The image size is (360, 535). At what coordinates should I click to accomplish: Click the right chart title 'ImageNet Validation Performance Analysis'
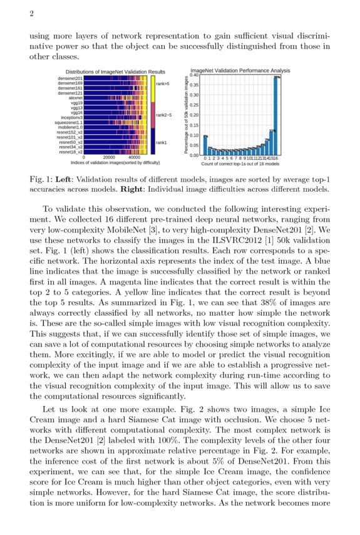[240, 71]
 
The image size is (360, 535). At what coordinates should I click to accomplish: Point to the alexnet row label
[75, 98]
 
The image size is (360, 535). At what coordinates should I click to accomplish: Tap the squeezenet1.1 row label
[68, 122]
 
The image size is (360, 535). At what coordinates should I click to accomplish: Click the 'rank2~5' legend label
[164, 115]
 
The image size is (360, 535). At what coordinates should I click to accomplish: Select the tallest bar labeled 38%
[276, 116]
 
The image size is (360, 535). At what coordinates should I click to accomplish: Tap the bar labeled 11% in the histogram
[272, 143]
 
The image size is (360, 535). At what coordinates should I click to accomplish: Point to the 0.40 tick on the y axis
[194, 75]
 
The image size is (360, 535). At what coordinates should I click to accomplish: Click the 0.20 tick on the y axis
[194, 115]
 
